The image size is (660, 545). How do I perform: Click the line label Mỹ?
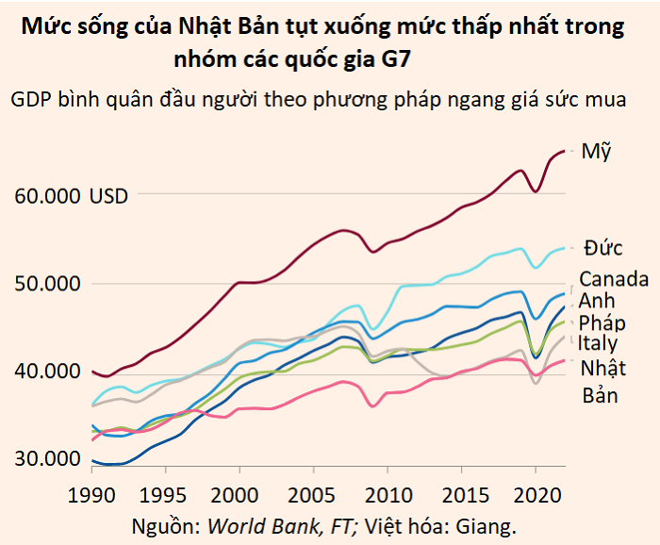[x=597, y=152]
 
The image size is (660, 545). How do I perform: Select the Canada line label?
[x=614, y=279]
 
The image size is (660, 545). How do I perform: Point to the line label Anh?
[x=597, y=301]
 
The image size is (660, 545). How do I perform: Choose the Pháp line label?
[x=602, y=323]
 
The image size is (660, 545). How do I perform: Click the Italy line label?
[x=599, y=344]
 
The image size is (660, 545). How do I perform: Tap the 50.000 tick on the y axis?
[x=47, y=284]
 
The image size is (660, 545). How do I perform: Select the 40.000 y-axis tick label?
[x=47, y=372]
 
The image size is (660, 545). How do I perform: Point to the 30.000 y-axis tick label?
[x=47, y=460]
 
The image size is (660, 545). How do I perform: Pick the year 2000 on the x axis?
[x=236, y=495]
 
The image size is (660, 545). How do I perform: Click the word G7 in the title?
[x=399, y=58]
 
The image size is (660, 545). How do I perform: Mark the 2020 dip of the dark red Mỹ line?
[x=536, y=191]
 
